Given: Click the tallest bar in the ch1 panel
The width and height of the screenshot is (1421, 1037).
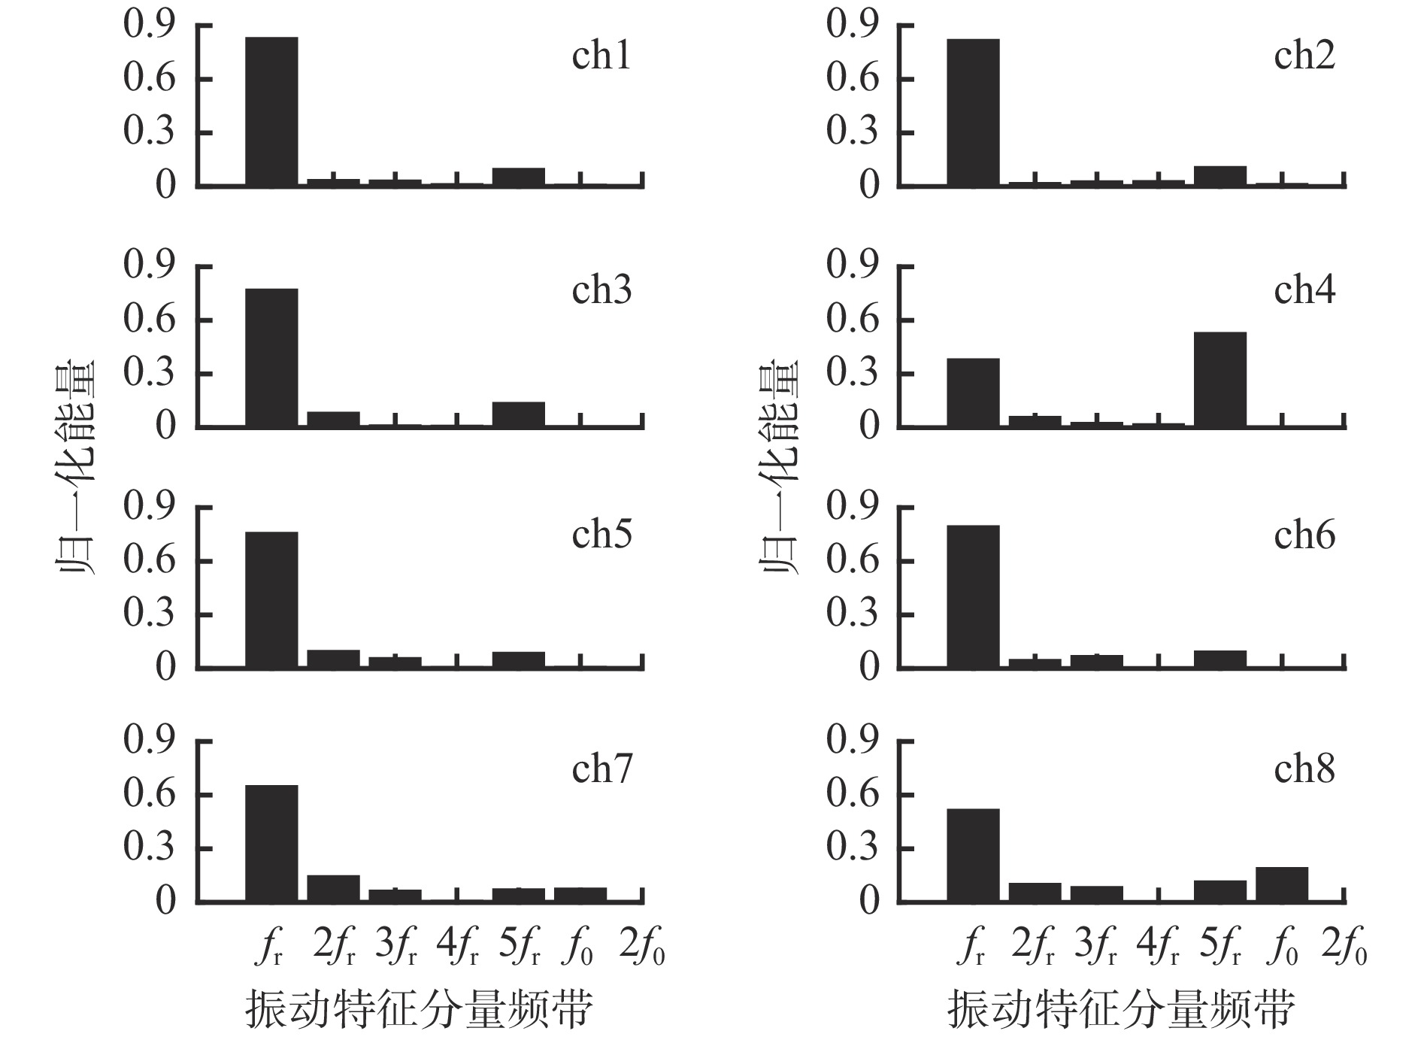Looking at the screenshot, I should coord(271,111).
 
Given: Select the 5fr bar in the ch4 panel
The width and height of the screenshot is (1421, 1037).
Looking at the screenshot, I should coord(1220,380).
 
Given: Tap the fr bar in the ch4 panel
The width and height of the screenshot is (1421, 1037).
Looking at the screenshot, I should coord(973,393).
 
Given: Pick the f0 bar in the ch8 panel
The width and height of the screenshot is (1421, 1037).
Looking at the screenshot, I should coord(1281,884).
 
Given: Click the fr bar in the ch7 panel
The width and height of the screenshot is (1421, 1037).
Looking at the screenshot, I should coord(271,843).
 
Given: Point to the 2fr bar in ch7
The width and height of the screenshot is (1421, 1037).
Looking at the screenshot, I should coord(333,888).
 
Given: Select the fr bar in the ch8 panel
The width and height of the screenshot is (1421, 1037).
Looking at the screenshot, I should coord(973,855).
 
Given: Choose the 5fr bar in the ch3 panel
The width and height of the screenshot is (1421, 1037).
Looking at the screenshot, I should coord(518,414).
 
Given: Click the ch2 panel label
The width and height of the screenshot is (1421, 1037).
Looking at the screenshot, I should coord(1304,56).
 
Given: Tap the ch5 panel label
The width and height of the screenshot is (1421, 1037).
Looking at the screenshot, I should coord(601,535).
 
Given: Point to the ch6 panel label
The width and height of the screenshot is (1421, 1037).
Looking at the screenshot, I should coord(1304,535).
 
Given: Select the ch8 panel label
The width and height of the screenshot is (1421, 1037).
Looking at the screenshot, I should coord(1304,769).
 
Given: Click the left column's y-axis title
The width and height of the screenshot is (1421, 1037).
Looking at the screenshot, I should coord(77,466).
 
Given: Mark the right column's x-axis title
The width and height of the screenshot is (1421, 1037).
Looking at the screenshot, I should coord(1121,1008).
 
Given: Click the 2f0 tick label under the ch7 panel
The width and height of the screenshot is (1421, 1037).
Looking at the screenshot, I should coord(642,949).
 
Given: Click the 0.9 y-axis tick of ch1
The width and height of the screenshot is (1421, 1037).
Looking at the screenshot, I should coord(148,26).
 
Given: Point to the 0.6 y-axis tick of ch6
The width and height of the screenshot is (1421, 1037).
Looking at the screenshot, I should coord(852,561).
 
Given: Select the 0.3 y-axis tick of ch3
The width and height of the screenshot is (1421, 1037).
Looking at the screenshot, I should coord(148,374).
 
